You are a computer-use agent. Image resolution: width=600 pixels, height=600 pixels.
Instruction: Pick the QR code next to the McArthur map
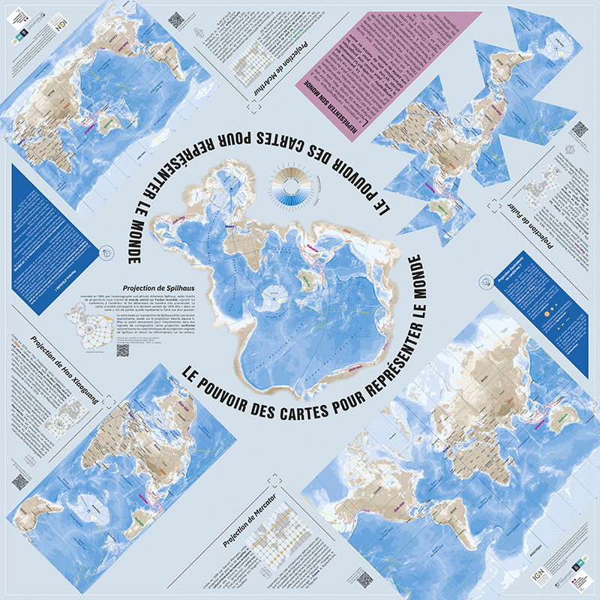[175, 21]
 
